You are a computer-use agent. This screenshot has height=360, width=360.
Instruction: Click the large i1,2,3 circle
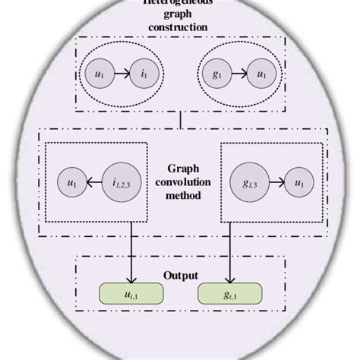121,183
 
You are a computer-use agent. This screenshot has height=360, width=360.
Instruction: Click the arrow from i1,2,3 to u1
93,183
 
